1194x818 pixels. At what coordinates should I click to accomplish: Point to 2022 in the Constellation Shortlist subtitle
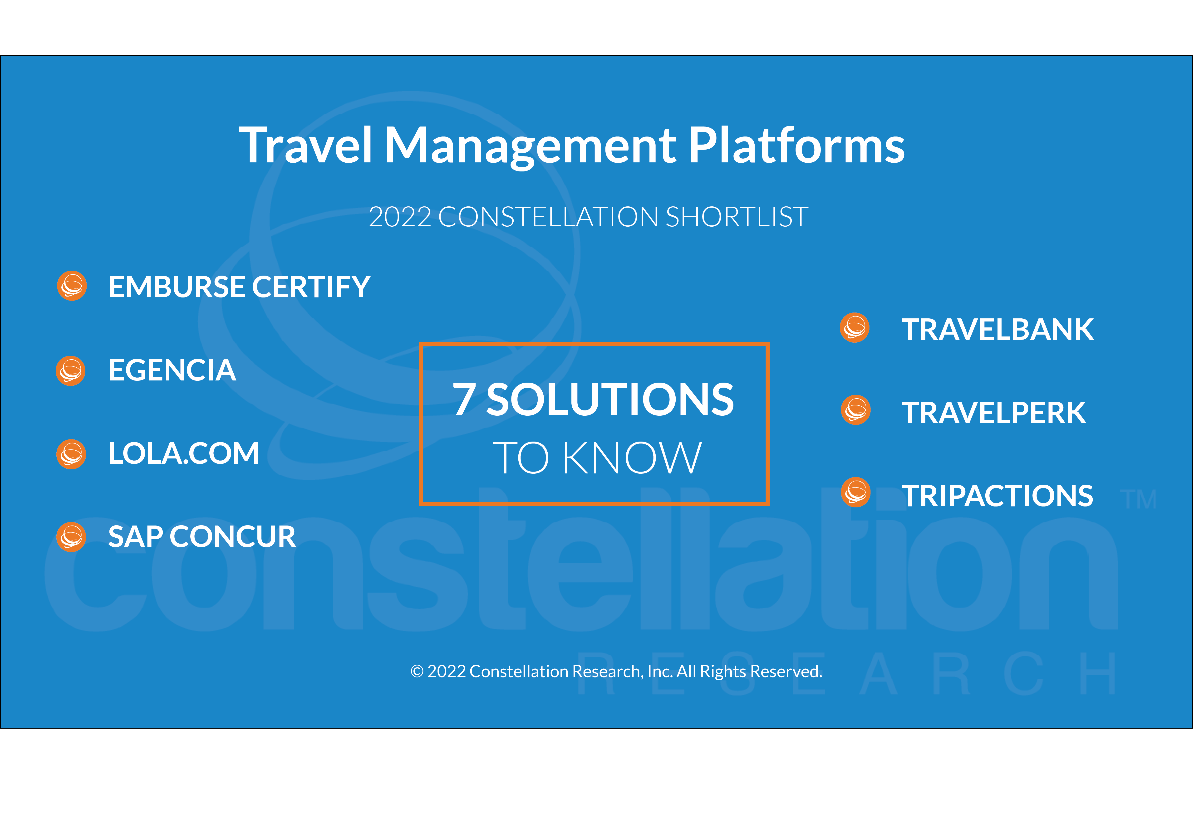coord(400,217)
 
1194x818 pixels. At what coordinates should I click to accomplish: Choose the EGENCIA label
coord(172,370)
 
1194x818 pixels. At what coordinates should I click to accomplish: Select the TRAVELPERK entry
coord(994,412)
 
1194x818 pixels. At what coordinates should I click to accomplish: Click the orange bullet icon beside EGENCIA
coord(71,371)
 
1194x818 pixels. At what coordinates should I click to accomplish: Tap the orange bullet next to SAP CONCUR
coord(71,537)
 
